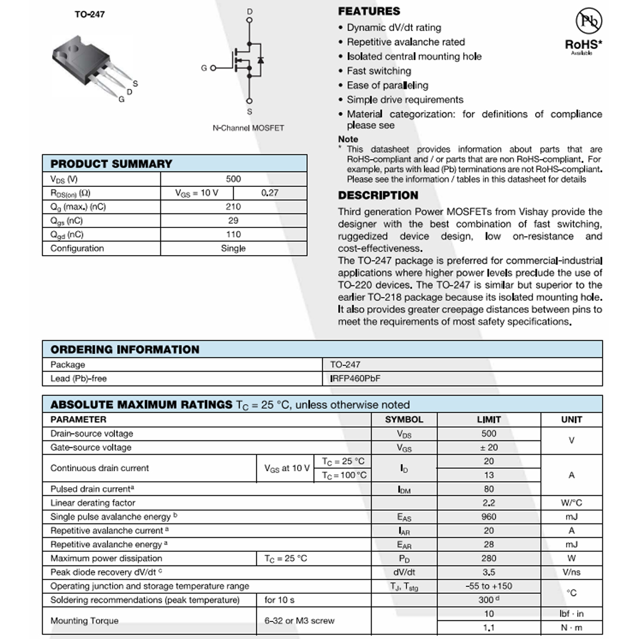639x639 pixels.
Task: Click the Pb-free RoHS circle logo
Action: tap(588, 21)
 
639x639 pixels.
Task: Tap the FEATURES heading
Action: tap(369, 11)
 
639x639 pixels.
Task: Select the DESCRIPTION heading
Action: tap(378, 195)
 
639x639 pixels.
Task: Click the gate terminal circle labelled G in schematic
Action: tap(214, 68)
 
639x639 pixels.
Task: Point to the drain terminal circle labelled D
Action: tap(249, 21)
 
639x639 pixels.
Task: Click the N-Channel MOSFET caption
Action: tap(248, 128)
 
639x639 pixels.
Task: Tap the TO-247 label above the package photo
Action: tap(89, 14)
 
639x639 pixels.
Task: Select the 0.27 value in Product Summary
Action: tap(270, 193)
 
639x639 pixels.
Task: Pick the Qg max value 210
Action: tap(233, 207)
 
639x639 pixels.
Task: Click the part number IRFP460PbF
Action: tap(355, 379)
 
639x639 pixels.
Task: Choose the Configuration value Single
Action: tap(233, 248)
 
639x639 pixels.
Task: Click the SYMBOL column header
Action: tap(404, 420)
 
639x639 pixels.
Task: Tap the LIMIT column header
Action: tap(489, 420)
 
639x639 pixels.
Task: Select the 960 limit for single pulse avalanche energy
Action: tap(489, 517)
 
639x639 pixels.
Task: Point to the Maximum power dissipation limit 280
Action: tap(489, 558)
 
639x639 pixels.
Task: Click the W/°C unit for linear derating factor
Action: tap(571, 503)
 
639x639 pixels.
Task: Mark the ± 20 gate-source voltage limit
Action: tap(489, 447)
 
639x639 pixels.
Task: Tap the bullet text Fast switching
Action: tap(379, 71)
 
